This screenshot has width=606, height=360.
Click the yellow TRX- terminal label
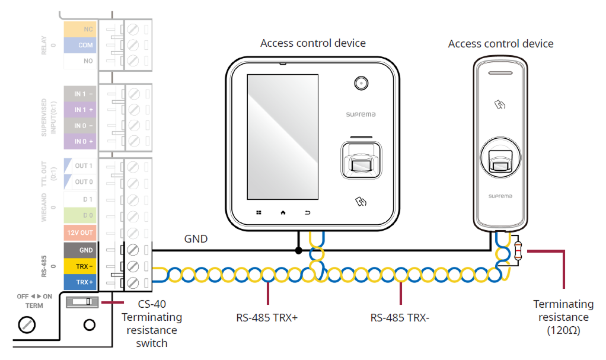tap(80, 266)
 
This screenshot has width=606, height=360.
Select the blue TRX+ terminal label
tap(80, 282)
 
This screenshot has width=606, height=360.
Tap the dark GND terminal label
tap(80, 250)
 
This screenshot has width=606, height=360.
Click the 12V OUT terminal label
tap(80, 232)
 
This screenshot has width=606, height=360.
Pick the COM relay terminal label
tap(80, 45)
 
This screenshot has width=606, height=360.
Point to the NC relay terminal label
tap(80, 29)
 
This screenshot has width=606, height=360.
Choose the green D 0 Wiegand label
tap(80, 215)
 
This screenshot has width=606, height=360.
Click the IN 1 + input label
tap(80, 110)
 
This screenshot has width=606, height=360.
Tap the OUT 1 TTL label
tap(80, 166)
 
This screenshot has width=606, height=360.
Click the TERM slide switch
tap(82, 302)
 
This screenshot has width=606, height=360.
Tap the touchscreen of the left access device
tap(282, 136)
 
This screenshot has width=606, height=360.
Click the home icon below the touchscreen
tap(283, 212)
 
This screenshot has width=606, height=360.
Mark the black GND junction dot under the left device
tap(298, 250)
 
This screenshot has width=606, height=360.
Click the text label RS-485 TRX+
tap(266, 318)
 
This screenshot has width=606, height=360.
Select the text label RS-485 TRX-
tap(400, 318)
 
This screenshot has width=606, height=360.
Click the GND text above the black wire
tap(196, 239)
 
